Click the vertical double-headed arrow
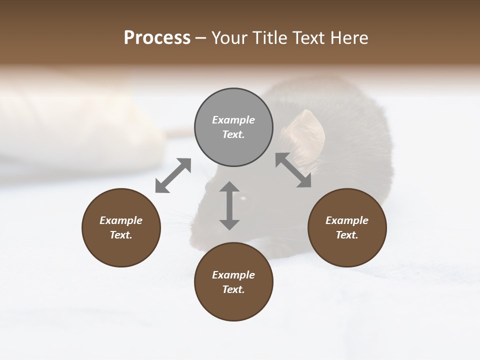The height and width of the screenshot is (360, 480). (x=229, y=205)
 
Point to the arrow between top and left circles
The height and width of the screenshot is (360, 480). (x=173, y=175)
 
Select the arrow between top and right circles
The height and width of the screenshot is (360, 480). (x=293, y=170)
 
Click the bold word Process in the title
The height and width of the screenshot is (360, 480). (x=157, y=38)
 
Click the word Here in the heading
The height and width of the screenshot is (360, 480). (x=349, y=38)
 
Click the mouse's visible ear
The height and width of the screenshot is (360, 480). (x=306, y=132)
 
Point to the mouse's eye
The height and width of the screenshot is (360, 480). (x=243, y=199)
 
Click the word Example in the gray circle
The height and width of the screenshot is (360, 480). (x=233, y=120)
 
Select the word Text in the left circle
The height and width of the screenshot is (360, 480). (x=120, y=235)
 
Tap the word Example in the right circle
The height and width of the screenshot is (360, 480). (x=347, y=220)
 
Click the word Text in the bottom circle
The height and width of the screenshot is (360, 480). (x=233, y=289)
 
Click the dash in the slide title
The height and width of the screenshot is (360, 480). (x=201, y=38)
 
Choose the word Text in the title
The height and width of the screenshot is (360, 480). (x=309, y=38)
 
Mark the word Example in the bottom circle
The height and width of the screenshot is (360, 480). (x=233, y=275)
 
